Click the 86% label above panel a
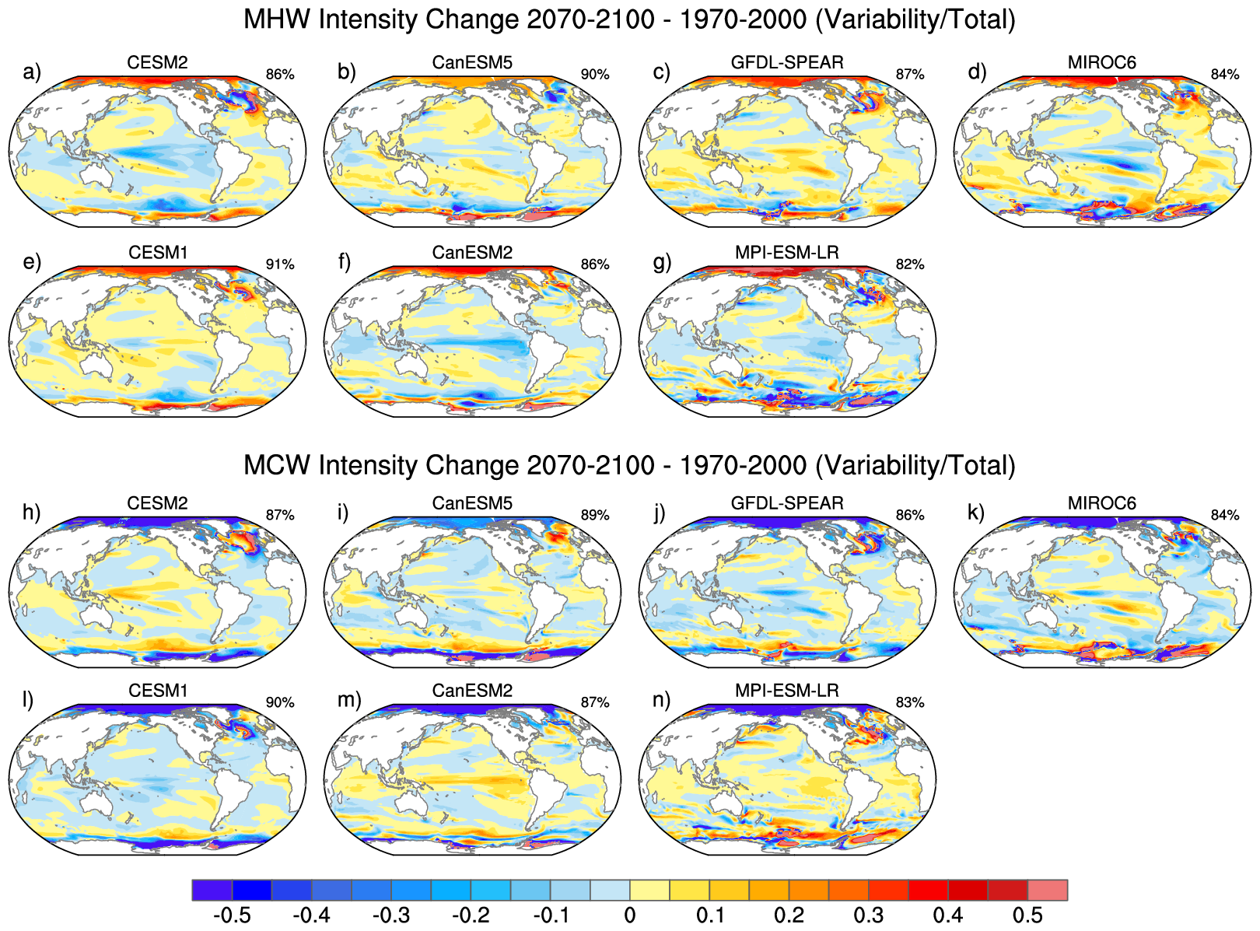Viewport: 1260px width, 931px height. coord(280,75)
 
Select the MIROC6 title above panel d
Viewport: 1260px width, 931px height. coord(1101,62)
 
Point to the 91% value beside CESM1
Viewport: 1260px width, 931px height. coord(280,264)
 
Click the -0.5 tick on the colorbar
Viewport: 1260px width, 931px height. coord(232,915)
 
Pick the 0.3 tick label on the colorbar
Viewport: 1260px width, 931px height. coord(868,915)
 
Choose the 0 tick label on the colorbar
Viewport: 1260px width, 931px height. coord(630,915)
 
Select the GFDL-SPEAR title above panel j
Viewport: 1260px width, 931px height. coord(787,503)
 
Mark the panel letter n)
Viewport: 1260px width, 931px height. coord(662,700)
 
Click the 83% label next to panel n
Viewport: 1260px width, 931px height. coord(910,702)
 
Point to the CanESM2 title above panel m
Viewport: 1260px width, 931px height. coord(472,691)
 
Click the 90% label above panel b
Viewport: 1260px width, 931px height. coord(595,75)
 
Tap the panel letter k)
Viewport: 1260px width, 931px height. coord(976,513)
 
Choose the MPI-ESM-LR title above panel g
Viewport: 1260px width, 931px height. coord(787,253)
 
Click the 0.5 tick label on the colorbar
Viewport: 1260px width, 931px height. coord(1027,915)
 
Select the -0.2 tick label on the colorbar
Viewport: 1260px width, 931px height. coord(471,915)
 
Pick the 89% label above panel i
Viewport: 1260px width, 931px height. coord(595,515)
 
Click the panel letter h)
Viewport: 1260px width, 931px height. coord(32,513)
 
